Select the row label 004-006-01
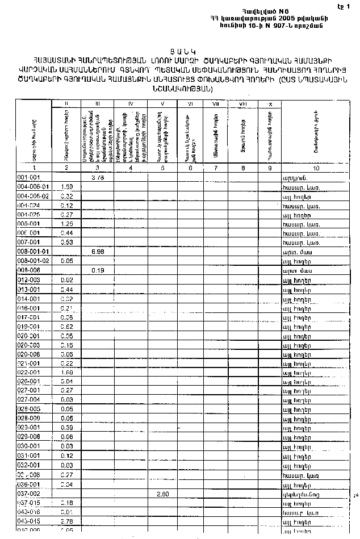pyautogui.click(x=34, y=187)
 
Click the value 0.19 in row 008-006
pyautogui.click(x=97, y=270)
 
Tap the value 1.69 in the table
pyautogui.click(x=66, y=371)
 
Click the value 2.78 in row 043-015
pyautogui.click(x=66, y=521)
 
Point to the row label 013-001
pyautogui.click(x=27, y=289)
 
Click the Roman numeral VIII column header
pyautogui.click(x=242, y=104)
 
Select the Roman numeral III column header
pyautogui.click(x=98, y=104)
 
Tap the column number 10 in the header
pyautogui.click(x=315, y=168)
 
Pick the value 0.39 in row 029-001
pyautogui.click(x=66, y=427)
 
